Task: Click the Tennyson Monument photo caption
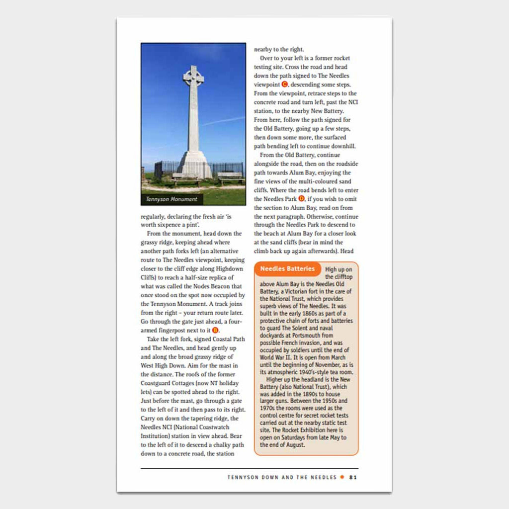pyautogui.click(x=171, y=199)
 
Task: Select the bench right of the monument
pyautogui.click(x=231, y=176)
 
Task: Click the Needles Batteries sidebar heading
pyautogui.click(x=288, y=269)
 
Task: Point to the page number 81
pyautogui.click(x=353, y=477)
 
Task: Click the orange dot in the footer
pyautogui.click(x=342, y=477)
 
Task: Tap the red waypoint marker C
pyautogui.click(x=285, y=85)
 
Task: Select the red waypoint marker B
pyautogui.click(x=215, y=331)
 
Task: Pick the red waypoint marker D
pyautogui.click(x=301, y=199)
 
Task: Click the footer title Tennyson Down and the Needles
pyautogui.click(x=282, y=477)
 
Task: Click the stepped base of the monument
pyautogui.click(x=194, y=167)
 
